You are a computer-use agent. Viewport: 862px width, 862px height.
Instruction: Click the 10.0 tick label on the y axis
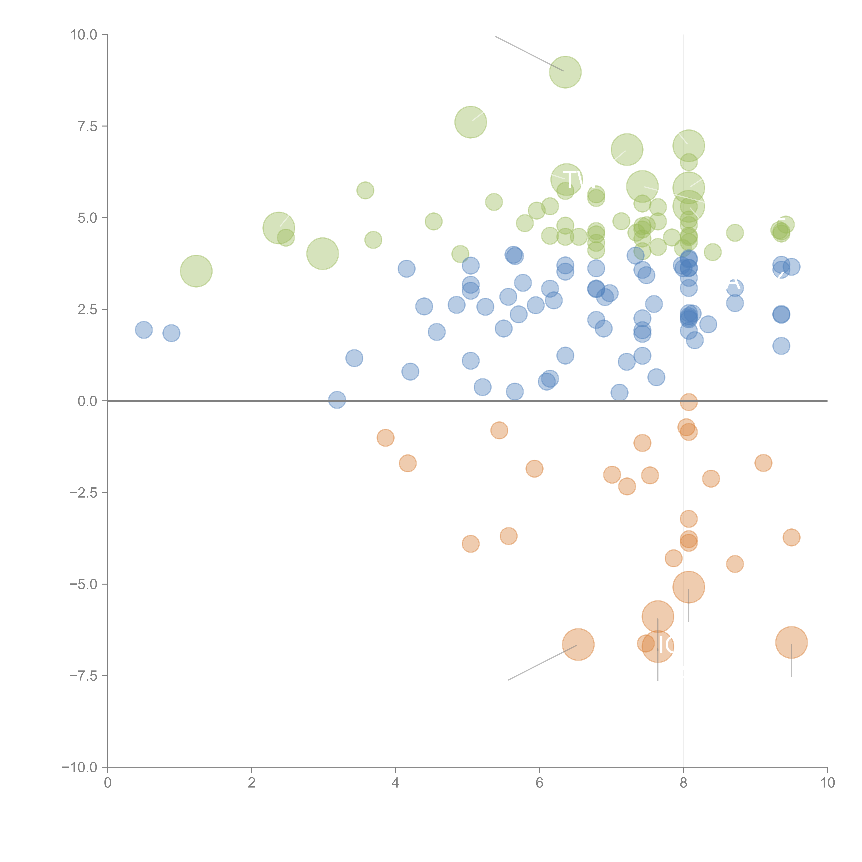(x=84, y=35)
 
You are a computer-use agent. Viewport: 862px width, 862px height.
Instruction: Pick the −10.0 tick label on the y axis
(x=80, y=767)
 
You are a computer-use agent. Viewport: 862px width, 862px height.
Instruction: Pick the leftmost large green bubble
(x=196, y=271)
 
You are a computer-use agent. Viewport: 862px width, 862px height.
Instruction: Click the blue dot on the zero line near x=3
(x=337, y=400)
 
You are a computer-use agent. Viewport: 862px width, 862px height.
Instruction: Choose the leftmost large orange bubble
(x=578, y=644)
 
